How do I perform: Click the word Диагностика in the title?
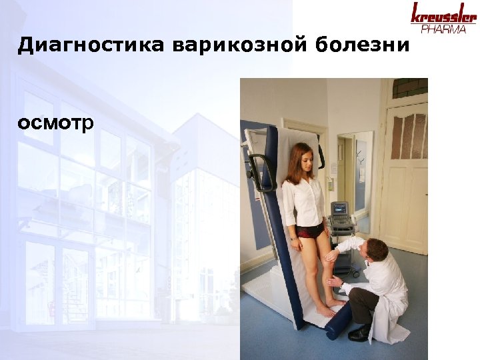pos(91,45)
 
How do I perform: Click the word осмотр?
pos(56,124)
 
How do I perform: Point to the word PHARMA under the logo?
pos(444,29)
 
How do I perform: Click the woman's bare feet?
pos(330,307)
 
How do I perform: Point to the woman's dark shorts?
pos(309,231)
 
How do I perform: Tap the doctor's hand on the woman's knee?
pos(331,257)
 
